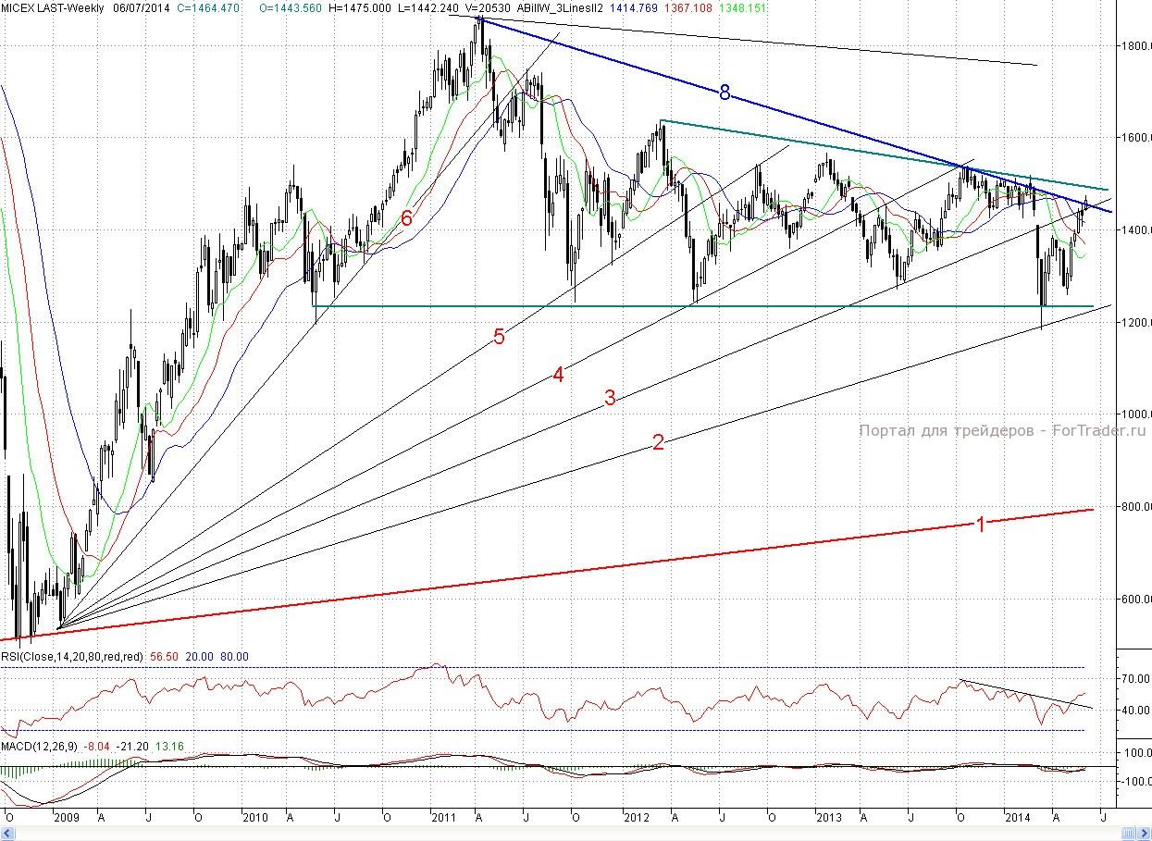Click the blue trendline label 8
(x=725, y=92)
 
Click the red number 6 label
(x=406, y=218)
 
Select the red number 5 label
(x=499, y=337)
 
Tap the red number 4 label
(x=558, y=375)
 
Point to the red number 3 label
(x=610, y=399)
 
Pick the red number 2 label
(x=658, y=442)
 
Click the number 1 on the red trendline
(x=981, y=525)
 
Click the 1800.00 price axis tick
(x=1133, y=45)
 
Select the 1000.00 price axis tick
(x=1133, y=414)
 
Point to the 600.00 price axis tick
(x=1133, y=599)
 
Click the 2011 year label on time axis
(x=443, y=818)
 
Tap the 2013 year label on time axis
(x=829, y=818)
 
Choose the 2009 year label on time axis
(x=67, y=818)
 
